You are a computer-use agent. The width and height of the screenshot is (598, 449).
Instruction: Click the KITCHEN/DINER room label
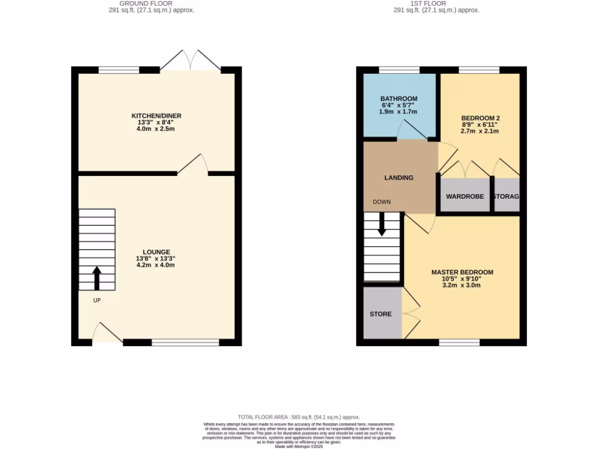(x=156, y=116)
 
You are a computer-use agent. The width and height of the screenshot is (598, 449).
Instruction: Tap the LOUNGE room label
(x=156, y=252)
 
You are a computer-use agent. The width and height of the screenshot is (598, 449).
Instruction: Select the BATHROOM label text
(x=399, y=98)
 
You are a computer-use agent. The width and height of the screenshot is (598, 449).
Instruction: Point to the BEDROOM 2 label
(x=480, y=118)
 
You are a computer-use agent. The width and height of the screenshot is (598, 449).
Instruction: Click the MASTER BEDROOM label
(x=462, y=272)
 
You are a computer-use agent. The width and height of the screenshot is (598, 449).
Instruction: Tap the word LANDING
(x=399, y=178)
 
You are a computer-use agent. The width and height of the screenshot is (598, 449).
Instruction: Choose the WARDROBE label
(x=465, y=196)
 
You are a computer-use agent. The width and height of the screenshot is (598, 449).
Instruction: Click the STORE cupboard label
(x=380, y=314)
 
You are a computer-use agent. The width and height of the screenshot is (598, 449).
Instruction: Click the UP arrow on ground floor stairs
(x=97, y=278)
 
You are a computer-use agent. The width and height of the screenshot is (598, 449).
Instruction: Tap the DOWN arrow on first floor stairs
(x=382, y=224)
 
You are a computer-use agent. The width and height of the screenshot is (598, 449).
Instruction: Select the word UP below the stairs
(x=97, y=301)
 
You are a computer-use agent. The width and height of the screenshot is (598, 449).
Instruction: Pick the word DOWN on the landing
(x=382, y=202)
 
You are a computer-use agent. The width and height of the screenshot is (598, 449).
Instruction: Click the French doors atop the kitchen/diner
(x=190, y=61)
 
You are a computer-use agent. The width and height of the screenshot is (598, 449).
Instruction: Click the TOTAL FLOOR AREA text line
(x=298, y=417)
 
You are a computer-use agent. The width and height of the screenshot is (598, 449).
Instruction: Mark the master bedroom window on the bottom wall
(x=459, y=343)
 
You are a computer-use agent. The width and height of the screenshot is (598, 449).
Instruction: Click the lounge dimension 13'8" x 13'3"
(x=156, y=258)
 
